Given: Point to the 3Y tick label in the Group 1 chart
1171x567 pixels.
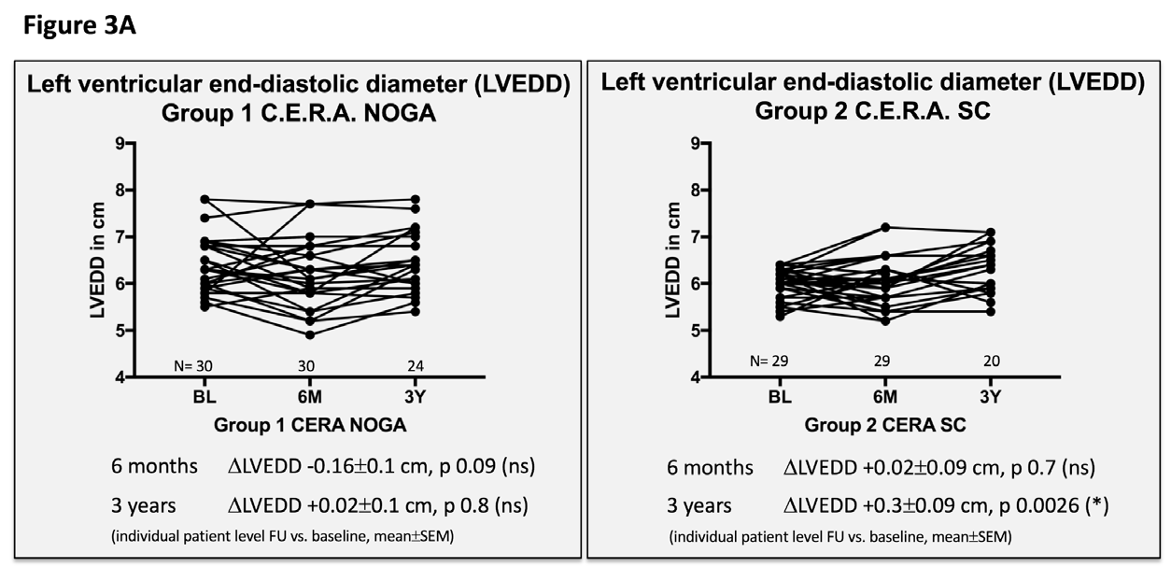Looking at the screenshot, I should point(416,396).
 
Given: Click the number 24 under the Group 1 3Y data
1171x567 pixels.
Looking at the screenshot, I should point(416,365).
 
